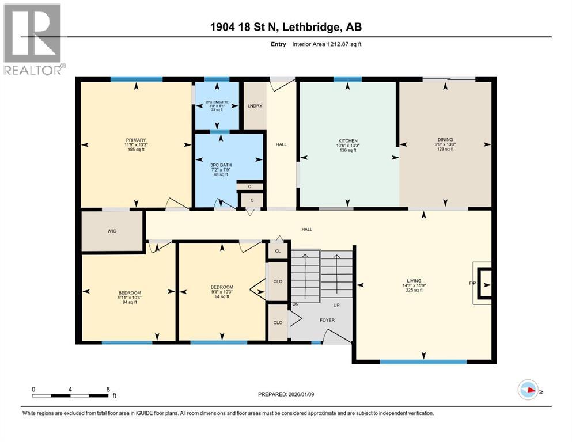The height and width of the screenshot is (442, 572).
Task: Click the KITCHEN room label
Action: click(348, 140)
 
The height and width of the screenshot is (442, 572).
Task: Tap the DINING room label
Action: click(445, 139)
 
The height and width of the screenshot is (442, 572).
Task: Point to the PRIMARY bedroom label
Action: click(136, 140)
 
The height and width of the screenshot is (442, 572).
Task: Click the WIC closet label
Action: click(112, 231)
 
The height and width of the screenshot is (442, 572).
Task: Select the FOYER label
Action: click(327, 320)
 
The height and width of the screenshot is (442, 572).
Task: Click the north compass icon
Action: click(528, 390)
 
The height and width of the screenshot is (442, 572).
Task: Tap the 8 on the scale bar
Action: click(108, 389)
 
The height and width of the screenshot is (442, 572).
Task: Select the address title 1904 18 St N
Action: click(286, 27)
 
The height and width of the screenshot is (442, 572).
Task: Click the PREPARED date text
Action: click(287, 394)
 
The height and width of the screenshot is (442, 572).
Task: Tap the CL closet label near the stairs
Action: click(278, 251)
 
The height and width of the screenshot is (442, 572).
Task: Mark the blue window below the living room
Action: click(423, 362)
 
